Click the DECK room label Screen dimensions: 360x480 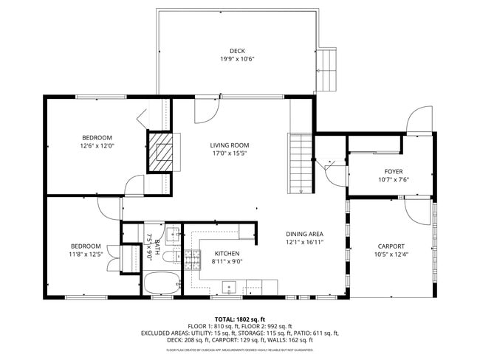237,51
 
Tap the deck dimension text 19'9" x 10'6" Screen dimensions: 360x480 237,59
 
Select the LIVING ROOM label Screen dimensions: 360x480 230,145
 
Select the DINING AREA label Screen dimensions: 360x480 305,234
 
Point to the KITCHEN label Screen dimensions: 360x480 207,252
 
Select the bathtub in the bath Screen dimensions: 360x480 160,283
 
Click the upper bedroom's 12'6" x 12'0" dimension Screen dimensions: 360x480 97,146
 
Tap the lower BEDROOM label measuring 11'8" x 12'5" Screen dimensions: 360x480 86,246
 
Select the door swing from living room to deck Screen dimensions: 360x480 206,111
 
